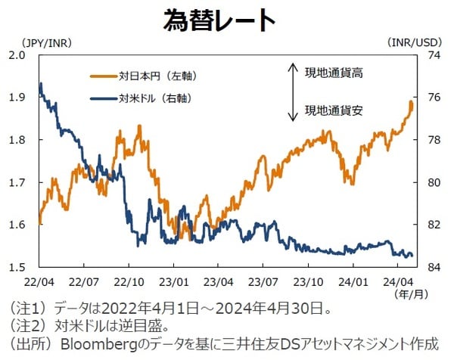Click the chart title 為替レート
click(x=220, y=20)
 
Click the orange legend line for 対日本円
click(x=103, y=76)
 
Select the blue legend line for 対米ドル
click(x=103, y=98)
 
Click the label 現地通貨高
click(x=334, y=73)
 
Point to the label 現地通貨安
click(x=334, y=110)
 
